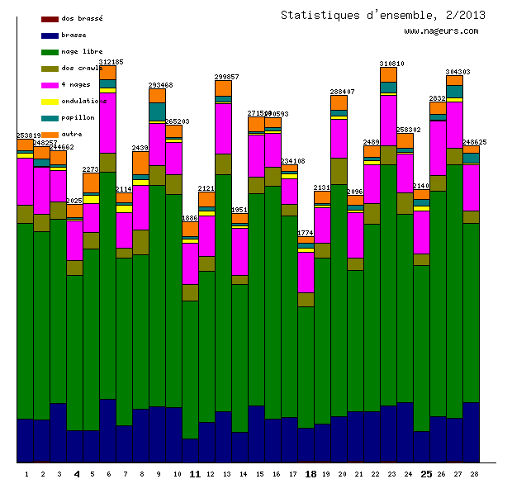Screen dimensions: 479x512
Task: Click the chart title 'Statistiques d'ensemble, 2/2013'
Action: tap(382, 15)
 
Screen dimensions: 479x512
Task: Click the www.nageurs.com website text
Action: tap(441, 31)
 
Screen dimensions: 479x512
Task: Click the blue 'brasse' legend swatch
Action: tap(49, 36)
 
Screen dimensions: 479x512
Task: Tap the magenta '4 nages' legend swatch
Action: tap(49, 85)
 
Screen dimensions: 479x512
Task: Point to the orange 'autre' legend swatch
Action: tap(49, 134)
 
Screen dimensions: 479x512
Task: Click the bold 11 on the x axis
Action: tap(195, 474)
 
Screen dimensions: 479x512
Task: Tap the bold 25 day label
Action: tap(426, 474)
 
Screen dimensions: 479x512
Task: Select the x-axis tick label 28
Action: tap(474, 474)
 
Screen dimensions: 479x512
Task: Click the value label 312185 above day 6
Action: tap(111, 62)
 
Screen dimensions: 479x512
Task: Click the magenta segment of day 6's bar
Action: tap(107, 122)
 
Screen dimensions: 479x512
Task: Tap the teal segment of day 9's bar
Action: tap(157, 111)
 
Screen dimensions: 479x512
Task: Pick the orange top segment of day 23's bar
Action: tap(388, 74)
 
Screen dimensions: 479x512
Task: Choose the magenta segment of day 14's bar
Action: tap(239, 251)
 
